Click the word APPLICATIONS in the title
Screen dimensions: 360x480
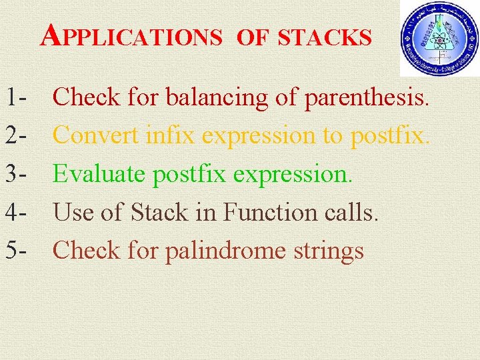[x=131, y=37]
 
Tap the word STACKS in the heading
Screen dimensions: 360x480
[x=325, y=37]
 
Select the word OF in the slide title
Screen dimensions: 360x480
[x=251, y=38]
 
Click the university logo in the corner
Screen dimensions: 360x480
[x=439, y=38]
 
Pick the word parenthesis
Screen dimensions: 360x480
[x=366, y=98]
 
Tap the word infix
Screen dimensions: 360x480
[x=175, y=135]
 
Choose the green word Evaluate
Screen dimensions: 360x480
[x=100, y=174]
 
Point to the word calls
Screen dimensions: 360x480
[x=355, y=213]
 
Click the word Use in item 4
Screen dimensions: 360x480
[x=73, y=213]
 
